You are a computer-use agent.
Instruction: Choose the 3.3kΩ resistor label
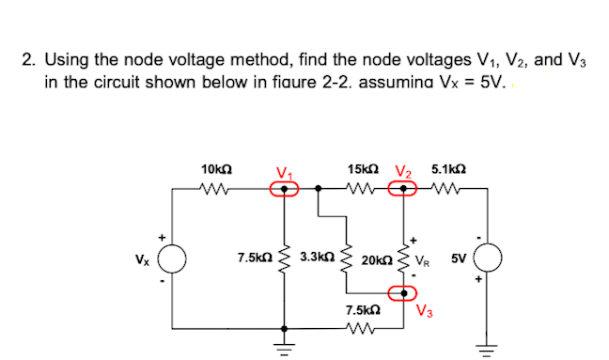[315, 256]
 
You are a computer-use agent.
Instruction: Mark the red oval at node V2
[406, 188]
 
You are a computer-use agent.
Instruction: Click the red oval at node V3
[407, 300]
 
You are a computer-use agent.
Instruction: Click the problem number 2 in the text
[28, 61]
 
